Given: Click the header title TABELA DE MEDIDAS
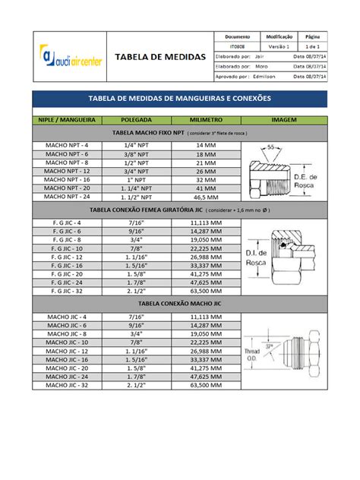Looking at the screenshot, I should (x=159, y=57).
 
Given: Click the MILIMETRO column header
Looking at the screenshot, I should (x=206, y=120).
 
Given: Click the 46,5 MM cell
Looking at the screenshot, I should (x=206, y=196).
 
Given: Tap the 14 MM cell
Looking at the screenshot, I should (x=206, y=144).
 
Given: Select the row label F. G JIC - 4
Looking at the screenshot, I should (x=67, y=223).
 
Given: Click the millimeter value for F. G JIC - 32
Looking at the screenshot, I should (x=206, y=290).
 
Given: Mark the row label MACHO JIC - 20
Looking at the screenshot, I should (x=67, y=368).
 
